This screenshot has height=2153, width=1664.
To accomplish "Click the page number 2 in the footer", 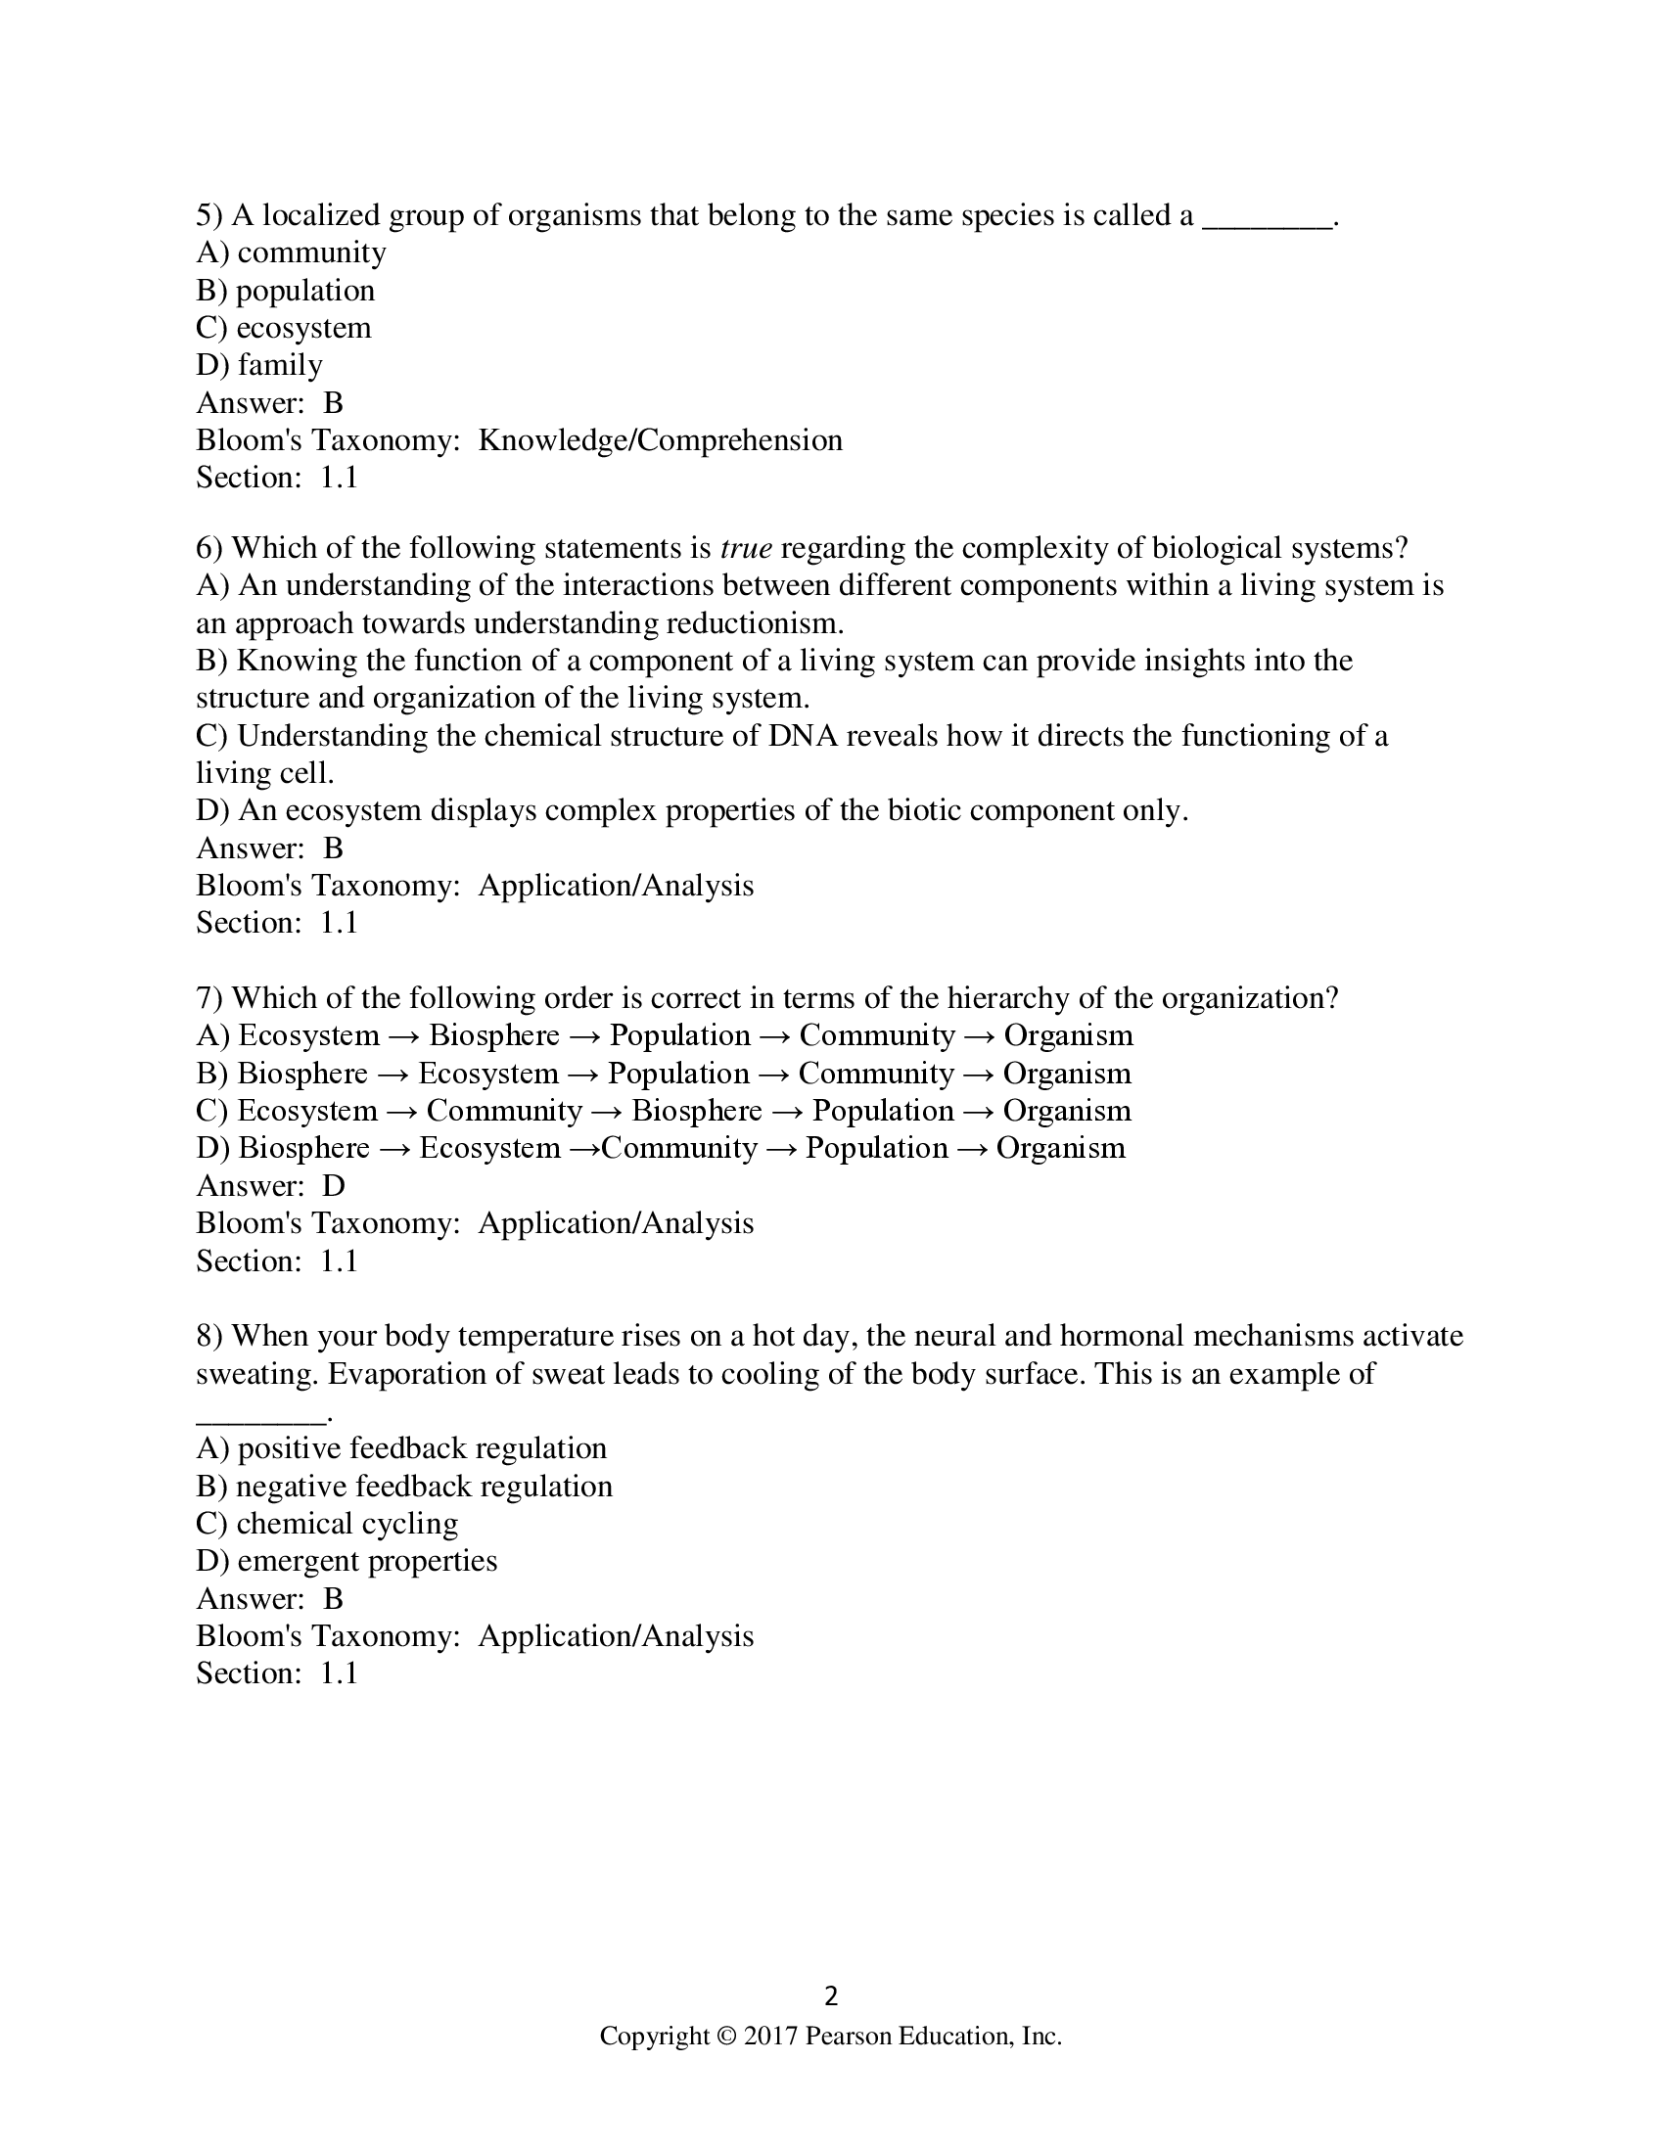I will (x=831, y=1995).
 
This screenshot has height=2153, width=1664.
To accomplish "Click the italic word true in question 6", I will (x=746, y=548).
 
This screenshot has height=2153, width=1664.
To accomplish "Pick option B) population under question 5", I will (x=286, y=291).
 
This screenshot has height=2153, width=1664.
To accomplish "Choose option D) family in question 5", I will (x=259, y=366).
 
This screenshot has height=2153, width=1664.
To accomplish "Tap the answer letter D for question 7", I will (x=333, y=1186).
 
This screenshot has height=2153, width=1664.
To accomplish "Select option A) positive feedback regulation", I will (x=401, y=1448).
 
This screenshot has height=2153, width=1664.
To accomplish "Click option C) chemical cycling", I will (x=327, y=1523).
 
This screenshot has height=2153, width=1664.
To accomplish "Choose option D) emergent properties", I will (x=347, y=1561).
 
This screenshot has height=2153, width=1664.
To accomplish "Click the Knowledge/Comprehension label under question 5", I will (x=661, y=440).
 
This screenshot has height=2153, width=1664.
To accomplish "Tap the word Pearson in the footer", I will (x=849, y=2036).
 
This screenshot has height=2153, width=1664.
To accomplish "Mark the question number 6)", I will (x=210, y=548).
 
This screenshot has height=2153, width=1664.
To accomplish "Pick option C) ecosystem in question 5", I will (x=284, y=328).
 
